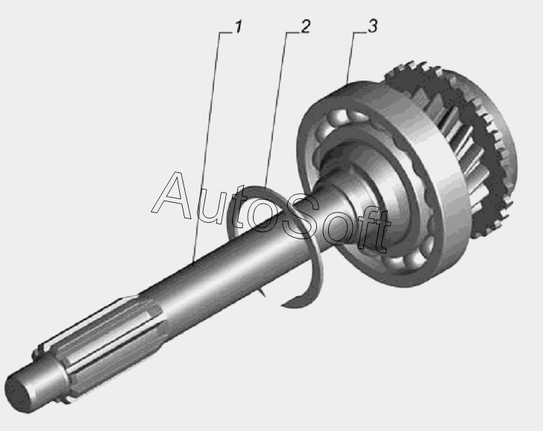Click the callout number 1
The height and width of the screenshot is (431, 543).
pyautogui.click(x=238, y=27)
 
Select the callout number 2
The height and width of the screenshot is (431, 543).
pyautogui.click(x=305, y=27)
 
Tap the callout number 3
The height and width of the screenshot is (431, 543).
pyautogui.click(x=372, y=26)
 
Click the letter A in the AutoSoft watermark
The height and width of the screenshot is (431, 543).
pyautogui.click(x=172, y=195)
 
